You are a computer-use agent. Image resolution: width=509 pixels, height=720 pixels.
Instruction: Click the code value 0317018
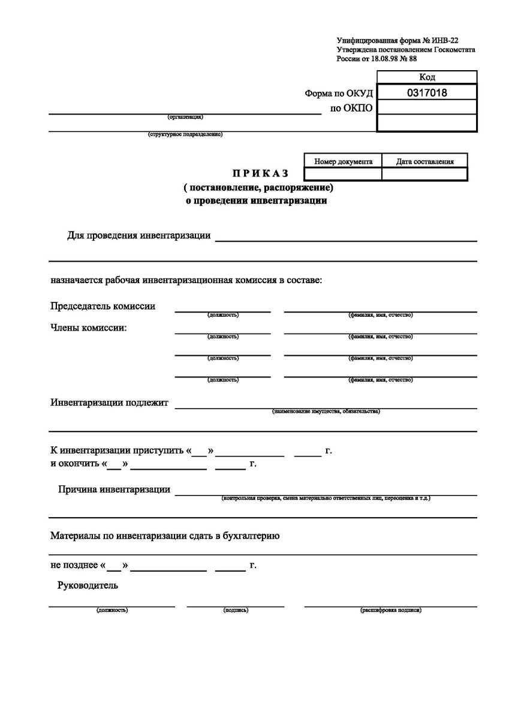(427, 92)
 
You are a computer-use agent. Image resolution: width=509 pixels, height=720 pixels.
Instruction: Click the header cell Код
(427, 77)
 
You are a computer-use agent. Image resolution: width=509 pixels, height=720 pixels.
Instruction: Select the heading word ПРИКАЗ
(261, 173)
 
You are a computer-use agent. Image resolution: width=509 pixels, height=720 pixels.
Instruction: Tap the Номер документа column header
(343, 161)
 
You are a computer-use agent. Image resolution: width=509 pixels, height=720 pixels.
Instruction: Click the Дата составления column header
(424, 161)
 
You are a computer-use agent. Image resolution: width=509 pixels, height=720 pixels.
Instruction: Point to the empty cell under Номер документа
(343, 174)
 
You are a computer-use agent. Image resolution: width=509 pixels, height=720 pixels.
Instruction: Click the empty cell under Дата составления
(424, 174)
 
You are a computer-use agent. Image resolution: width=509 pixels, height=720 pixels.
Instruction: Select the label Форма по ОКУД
(339, 93)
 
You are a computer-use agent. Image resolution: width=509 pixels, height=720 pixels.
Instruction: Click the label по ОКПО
(351, 108)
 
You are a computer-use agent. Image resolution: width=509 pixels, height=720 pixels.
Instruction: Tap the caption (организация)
(185, 117)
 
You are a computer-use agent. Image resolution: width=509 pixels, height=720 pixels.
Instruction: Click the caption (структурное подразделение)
(185, 134)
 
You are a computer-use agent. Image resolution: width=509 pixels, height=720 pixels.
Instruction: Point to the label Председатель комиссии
(103, 306)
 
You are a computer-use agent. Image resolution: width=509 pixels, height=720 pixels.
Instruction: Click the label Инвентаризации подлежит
(109, 402)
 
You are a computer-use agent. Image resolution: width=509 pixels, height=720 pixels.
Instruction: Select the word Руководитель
(88, 586)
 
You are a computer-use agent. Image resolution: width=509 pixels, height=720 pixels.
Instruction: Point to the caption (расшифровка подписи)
(390, 610)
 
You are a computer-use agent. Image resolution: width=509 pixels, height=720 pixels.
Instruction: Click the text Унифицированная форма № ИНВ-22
(397, 41)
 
